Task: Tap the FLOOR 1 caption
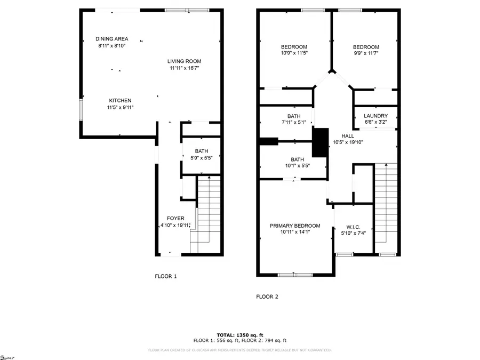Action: [x=165, y=276]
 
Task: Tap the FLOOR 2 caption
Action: [x=267, y=297]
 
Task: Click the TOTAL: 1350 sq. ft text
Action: [x=240, y=334]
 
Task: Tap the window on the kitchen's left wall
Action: [x=81, y=109]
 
